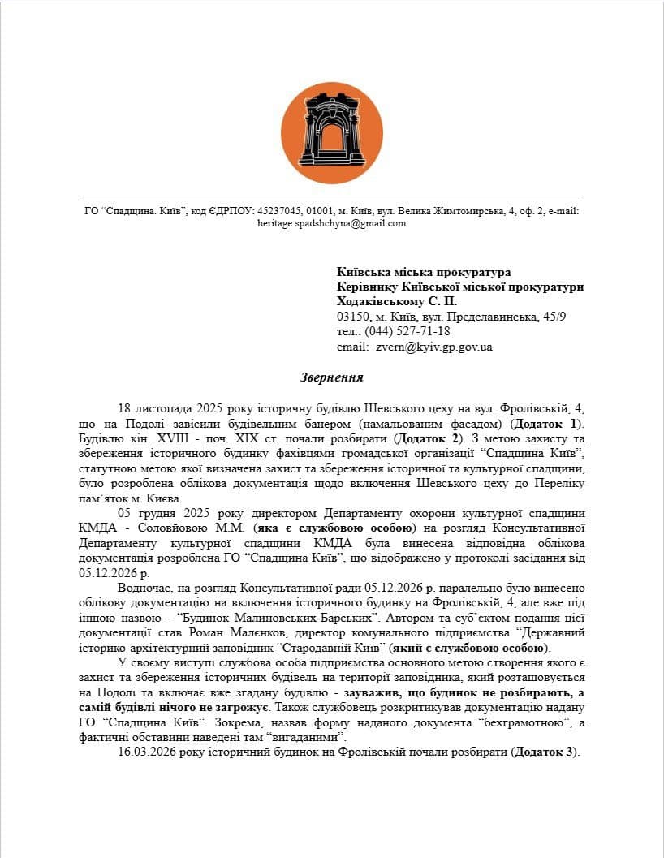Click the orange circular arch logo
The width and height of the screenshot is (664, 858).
331,132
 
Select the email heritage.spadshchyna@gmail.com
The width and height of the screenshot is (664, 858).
331,223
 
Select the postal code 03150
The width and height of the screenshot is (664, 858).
354,316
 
